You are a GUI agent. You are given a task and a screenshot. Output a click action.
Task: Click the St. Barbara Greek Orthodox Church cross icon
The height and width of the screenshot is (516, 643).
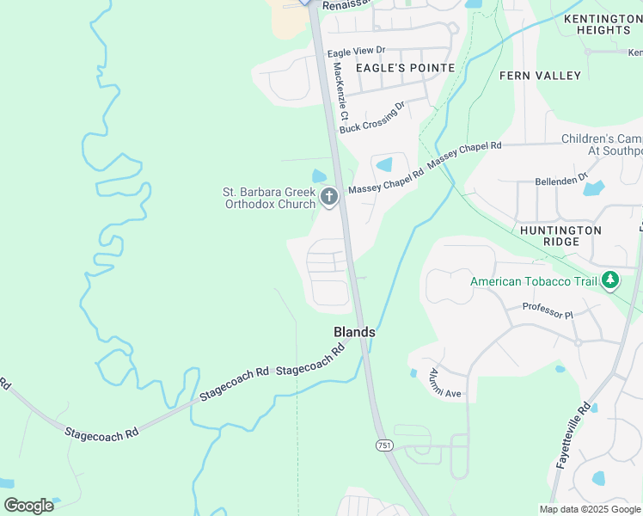pos(328,198)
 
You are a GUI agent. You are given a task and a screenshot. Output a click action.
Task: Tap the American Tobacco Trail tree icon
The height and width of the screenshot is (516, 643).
pos(610,280)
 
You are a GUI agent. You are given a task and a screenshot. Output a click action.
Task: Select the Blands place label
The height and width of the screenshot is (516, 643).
pos(354,332)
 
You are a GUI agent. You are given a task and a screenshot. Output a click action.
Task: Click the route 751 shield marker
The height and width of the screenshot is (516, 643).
pos(384,445)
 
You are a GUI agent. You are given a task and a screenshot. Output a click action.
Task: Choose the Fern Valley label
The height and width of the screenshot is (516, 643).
pos(540,76)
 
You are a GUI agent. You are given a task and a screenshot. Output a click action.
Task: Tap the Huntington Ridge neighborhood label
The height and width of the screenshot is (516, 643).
pos(560,236)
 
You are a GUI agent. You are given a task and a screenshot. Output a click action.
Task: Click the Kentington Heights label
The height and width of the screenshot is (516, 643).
pos(597,24)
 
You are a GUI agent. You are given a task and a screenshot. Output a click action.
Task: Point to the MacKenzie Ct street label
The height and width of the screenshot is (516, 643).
pos(340,90)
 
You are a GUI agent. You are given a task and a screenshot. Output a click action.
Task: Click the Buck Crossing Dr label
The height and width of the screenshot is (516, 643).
pos(371,118)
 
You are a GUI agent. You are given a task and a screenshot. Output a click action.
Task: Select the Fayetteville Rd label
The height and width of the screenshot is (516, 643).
pos(572,435)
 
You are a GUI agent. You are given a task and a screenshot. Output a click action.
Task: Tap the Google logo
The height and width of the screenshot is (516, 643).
pos(28,506)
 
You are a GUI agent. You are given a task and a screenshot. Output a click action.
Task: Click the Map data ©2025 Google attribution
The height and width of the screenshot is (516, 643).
pos(590,509)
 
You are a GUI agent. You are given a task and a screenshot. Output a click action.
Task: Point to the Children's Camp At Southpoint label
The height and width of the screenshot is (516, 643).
pos(602,144)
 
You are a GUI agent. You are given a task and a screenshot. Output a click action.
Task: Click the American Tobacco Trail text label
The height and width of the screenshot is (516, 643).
pos(533,281)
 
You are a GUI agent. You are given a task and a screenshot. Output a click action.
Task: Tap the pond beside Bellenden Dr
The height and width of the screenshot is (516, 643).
pos(594,187)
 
